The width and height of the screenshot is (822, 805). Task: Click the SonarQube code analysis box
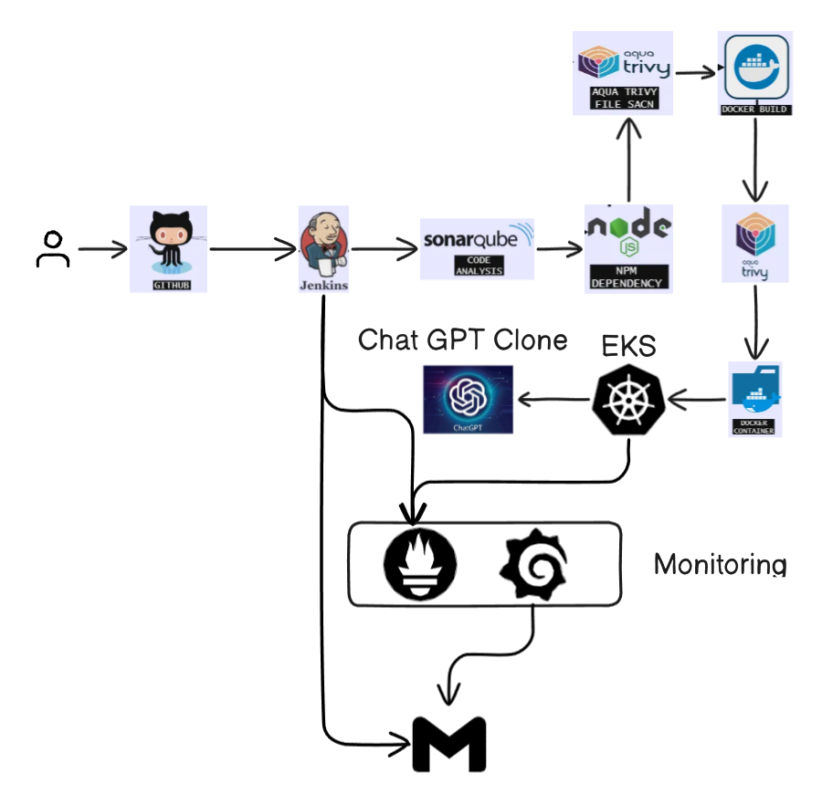(478, 248)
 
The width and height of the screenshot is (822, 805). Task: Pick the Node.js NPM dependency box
(627, 247)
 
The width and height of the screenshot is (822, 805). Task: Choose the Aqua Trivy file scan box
(623, 73)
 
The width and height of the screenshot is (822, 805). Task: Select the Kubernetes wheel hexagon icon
(628, 398)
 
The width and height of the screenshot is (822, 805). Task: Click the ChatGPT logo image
(469, 399)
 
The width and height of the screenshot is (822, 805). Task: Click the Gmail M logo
(448, 745)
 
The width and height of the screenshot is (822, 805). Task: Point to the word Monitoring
(720, 565)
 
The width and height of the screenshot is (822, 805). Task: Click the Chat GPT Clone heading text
(462, 340)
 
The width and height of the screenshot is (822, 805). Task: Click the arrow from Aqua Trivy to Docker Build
(695, 70)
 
